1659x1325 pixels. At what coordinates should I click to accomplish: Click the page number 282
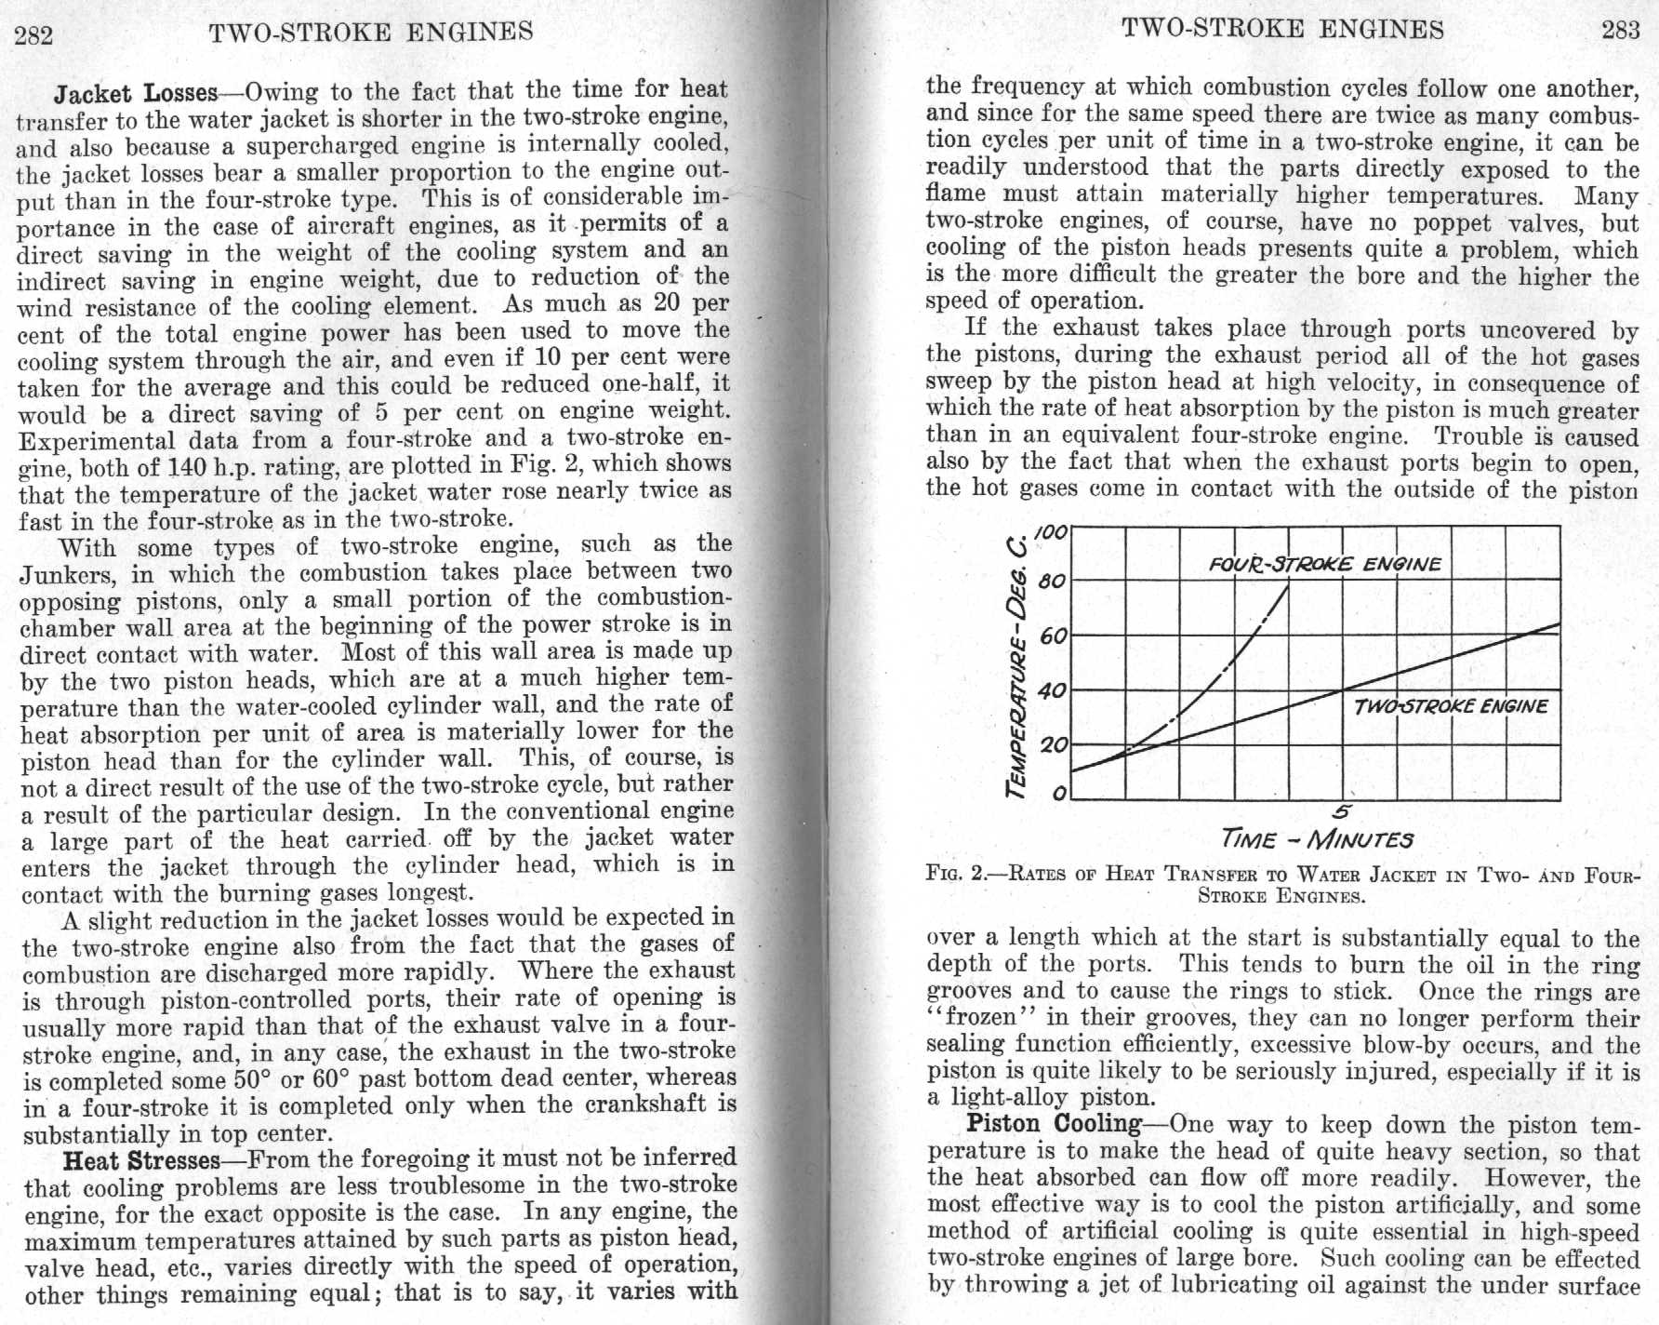click(x=34, y=34)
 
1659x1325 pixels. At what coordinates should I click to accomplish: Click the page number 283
click(x=1620, y=29)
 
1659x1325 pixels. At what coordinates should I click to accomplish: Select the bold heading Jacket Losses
click(x=136, y=94)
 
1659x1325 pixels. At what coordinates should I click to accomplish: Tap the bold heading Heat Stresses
click(x=140, y=1161)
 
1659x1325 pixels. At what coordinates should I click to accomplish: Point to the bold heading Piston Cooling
click(x=1054, y=1123)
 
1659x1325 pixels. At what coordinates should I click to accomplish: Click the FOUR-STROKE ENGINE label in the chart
click(x=1325, y=564)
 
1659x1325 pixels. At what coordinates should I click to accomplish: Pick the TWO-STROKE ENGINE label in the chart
click(x=1451, y=706)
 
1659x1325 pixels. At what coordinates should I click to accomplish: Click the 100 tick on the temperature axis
click(x=1051, y=530)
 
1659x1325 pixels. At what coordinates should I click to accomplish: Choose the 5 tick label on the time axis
click(x=1342, y=813)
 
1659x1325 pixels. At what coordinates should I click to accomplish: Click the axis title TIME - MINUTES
click(x=1318, y=839)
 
